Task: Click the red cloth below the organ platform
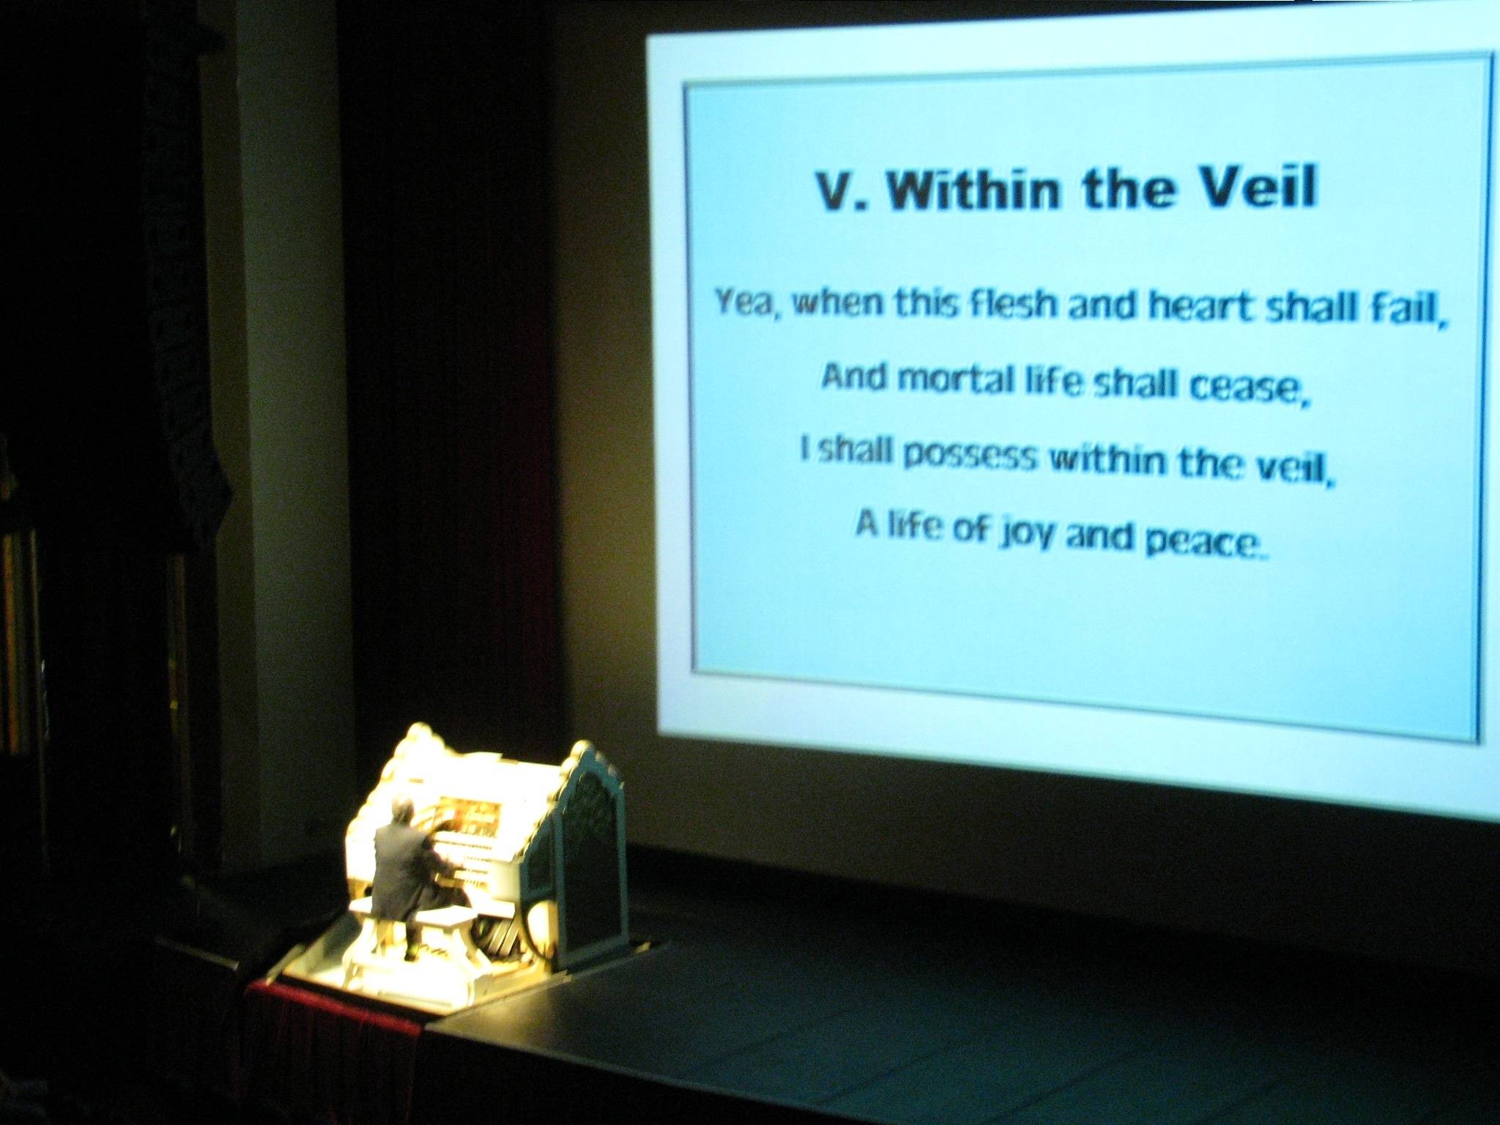(x=333, y=1047)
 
